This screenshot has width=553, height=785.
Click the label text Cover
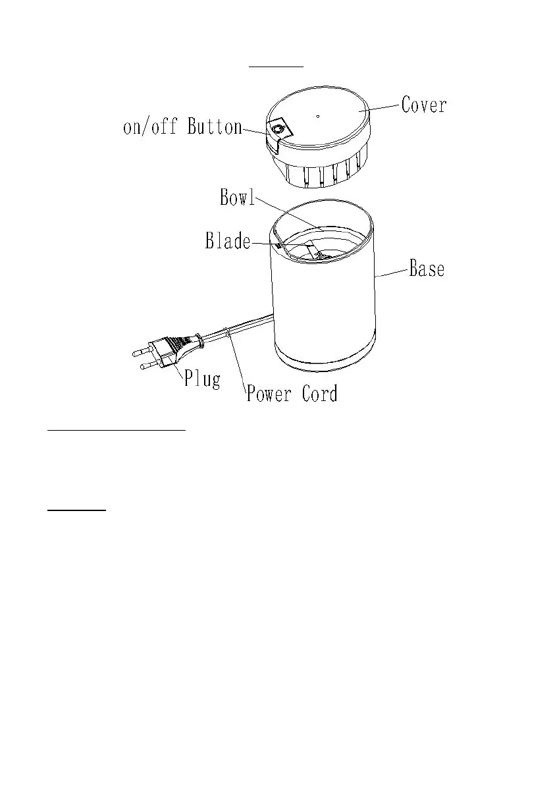tap(424, 105)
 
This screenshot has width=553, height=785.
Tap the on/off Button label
tap(182, 126)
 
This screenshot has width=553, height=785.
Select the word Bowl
tap(237, 198)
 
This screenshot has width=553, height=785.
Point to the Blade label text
tap(228, 241)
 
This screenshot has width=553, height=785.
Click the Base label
tap(427, 269)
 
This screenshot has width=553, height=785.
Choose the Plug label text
tap(202, 379)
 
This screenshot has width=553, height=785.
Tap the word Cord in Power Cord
tap(320, 394)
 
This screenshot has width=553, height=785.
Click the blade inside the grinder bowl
tap(312, 250)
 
